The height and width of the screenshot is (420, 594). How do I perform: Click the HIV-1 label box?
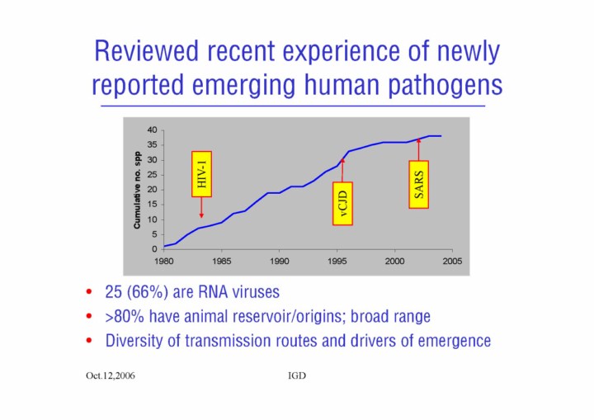pos(202,174)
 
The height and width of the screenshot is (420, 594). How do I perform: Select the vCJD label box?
pos(342,203)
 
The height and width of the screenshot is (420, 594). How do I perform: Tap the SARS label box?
pos(418,185)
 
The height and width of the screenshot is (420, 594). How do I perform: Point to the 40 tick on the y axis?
pos(151,130)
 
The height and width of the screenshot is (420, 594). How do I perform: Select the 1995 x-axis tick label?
pos(337,261)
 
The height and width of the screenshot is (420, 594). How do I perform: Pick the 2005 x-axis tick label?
pos(452,261)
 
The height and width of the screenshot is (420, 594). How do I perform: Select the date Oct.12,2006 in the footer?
pos(111,375)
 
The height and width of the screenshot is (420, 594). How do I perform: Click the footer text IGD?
pos(297,375)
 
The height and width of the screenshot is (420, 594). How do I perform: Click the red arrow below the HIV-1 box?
pos(202,207)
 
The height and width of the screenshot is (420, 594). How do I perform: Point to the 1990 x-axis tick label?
pos(279,261)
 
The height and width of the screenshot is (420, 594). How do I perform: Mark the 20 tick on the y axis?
pos(151,189)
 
